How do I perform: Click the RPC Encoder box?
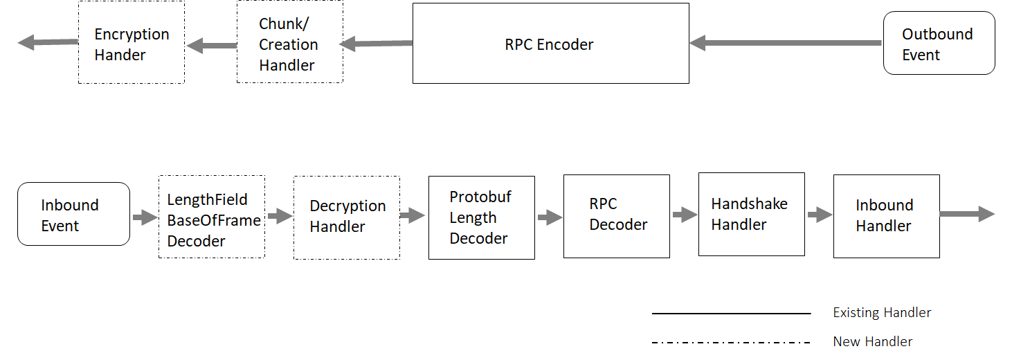tap(550, 44)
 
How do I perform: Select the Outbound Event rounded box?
tap(939, 43)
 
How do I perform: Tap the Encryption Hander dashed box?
tap(131, 43)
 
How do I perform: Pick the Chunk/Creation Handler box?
tap(289, 43)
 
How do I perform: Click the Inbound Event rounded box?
tap(73, 214)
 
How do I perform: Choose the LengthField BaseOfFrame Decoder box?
tap(212, 217)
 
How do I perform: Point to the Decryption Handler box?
tap(346, 217)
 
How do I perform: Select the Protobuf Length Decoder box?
tap(481, 217)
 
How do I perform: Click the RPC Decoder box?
tap(616, 216)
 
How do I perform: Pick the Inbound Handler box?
tap(886, 216)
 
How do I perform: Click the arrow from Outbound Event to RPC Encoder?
tap(786, 43)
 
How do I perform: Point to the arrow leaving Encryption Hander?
tap(47, 42)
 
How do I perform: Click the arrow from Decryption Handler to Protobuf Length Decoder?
tap(413, 216)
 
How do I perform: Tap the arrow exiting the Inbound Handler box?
tap(967, 215)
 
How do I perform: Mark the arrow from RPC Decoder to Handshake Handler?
tap(684, 215)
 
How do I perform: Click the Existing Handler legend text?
tap(882, 313)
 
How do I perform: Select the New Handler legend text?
tap(872, 341)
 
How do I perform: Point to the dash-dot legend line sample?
tap(731, 342)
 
